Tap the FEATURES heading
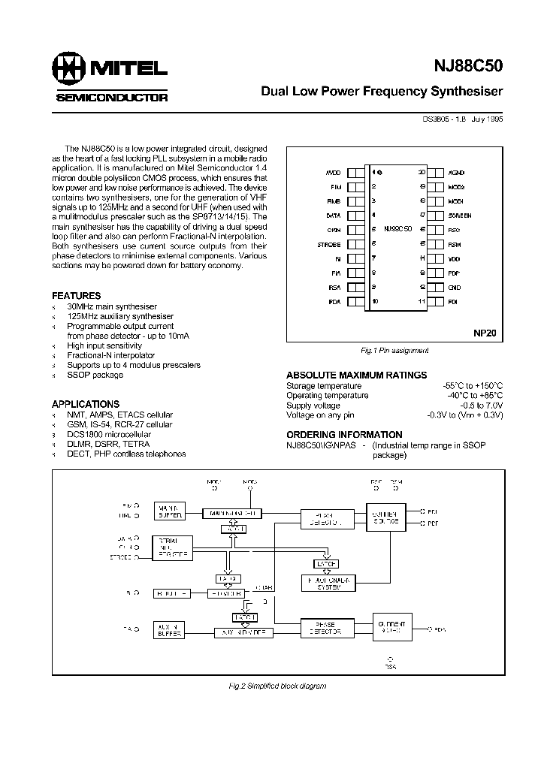[76, 296]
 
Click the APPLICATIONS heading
[86, 404]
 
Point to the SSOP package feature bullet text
[95, 374]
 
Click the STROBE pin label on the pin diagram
[330, 244]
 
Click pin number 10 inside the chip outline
[375, 301]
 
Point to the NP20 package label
[485, 331]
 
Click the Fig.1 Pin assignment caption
[394, 351]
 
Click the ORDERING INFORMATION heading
[344, 434]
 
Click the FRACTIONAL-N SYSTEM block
[328, 584]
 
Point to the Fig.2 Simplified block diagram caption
[277, 686]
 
